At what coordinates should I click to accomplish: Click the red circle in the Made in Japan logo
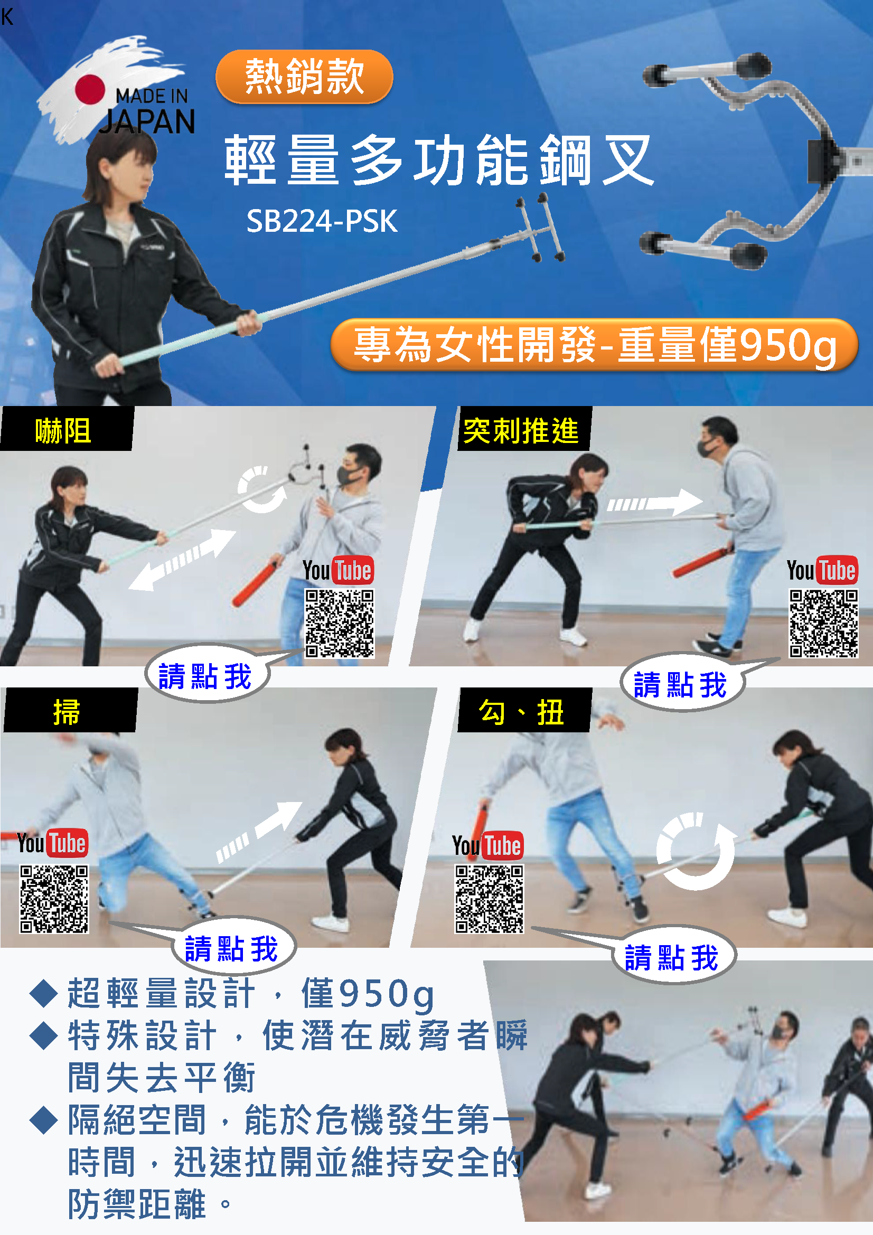click(x=90, y=89)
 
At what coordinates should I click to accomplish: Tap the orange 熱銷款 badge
click(x=304, y=77)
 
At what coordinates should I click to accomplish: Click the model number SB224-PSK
click(x=322, y=221)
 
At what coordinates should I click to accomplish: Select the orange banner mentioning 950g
click(x=594, y=345)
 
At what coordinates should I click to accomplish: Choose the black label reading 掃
click(x=70, y=710)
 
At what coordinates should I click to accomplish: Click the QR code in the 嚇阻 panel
click(x=340, y=624)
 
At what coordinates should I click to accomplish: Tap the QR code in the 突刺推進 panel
click(x=823, y=624)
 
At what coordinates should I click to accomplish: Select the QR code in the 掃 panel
click(x=54, y=899)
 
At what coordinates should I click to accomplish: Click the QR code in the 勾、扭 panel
click(x=489, y=899)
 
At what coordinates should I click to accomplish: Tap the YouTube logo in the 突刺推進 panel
click(x=822, y=570)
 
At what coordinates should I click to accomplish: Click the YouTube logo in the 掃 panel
click(x=52, y=843)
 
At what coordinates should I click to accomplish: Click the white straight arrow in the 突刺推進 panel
click(x=654, y=503)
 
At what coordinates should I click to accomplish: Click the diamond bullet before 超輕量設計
click(x=43, y=994)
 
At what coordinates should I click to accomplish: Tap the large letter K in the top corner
click(x=7, y=17)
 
